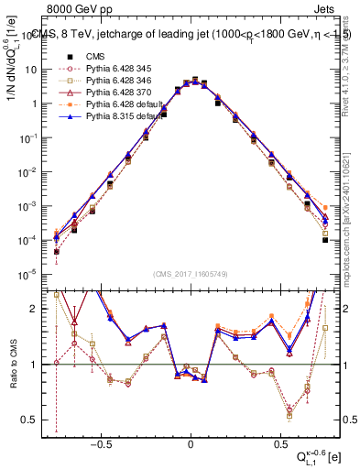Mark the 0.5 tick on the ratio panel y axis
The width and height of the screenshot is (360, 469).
pos(33,420)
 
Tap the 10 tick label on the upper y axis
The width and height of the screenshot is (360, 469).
pos(32,70)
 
